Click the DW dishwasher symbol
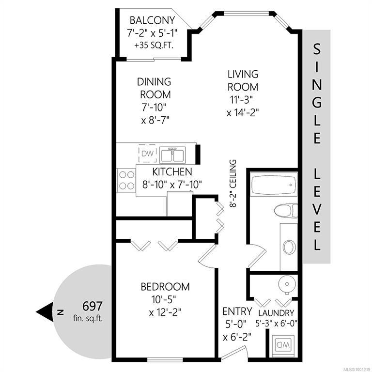(148, 153)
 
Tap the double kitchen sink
(172, 155)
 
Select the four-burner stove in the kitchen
(126, 180)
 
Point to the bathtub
(274, 184)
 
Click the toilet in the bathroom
(286, 210)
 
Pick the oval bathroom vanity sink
(289, 247)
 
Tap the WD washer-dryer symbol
(282, 345)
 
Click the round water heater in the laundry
(287, 284)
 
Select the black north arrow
(45, 312)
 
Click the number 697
(93, 306)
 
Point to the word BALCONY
(152, 20)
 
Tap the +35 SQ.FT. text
(154, 46)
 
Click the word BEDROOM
(165, 287)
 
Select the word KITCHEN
(172, 172)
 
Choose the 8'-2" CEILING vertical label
(233, 184)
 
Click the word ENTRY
(237, 311)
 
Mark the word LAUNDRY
(276, 313)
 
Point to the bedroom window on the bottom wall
(165, 359)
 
